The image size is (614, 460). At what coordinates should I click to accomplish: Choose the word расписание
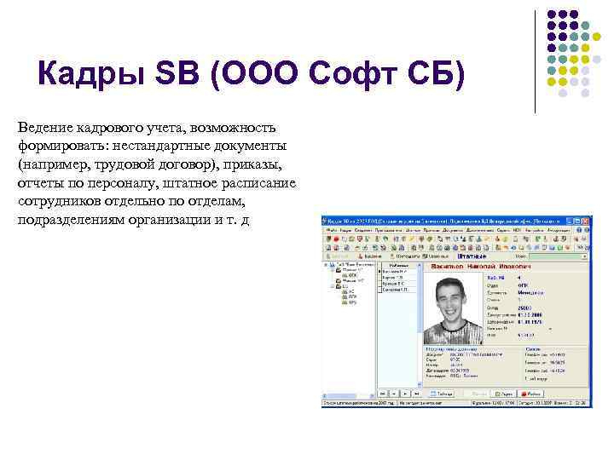(258, 183)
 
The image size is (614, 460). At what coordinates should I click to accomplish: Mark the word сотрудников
(59, 202)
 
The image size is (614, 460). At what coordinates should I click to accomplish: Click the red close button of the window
(585, 221)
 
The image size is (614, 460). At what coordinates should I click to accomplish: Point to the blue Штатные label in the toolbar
(471, 256)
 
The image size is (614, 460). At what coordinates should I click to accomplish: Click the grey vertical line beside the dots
(535, 60)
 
